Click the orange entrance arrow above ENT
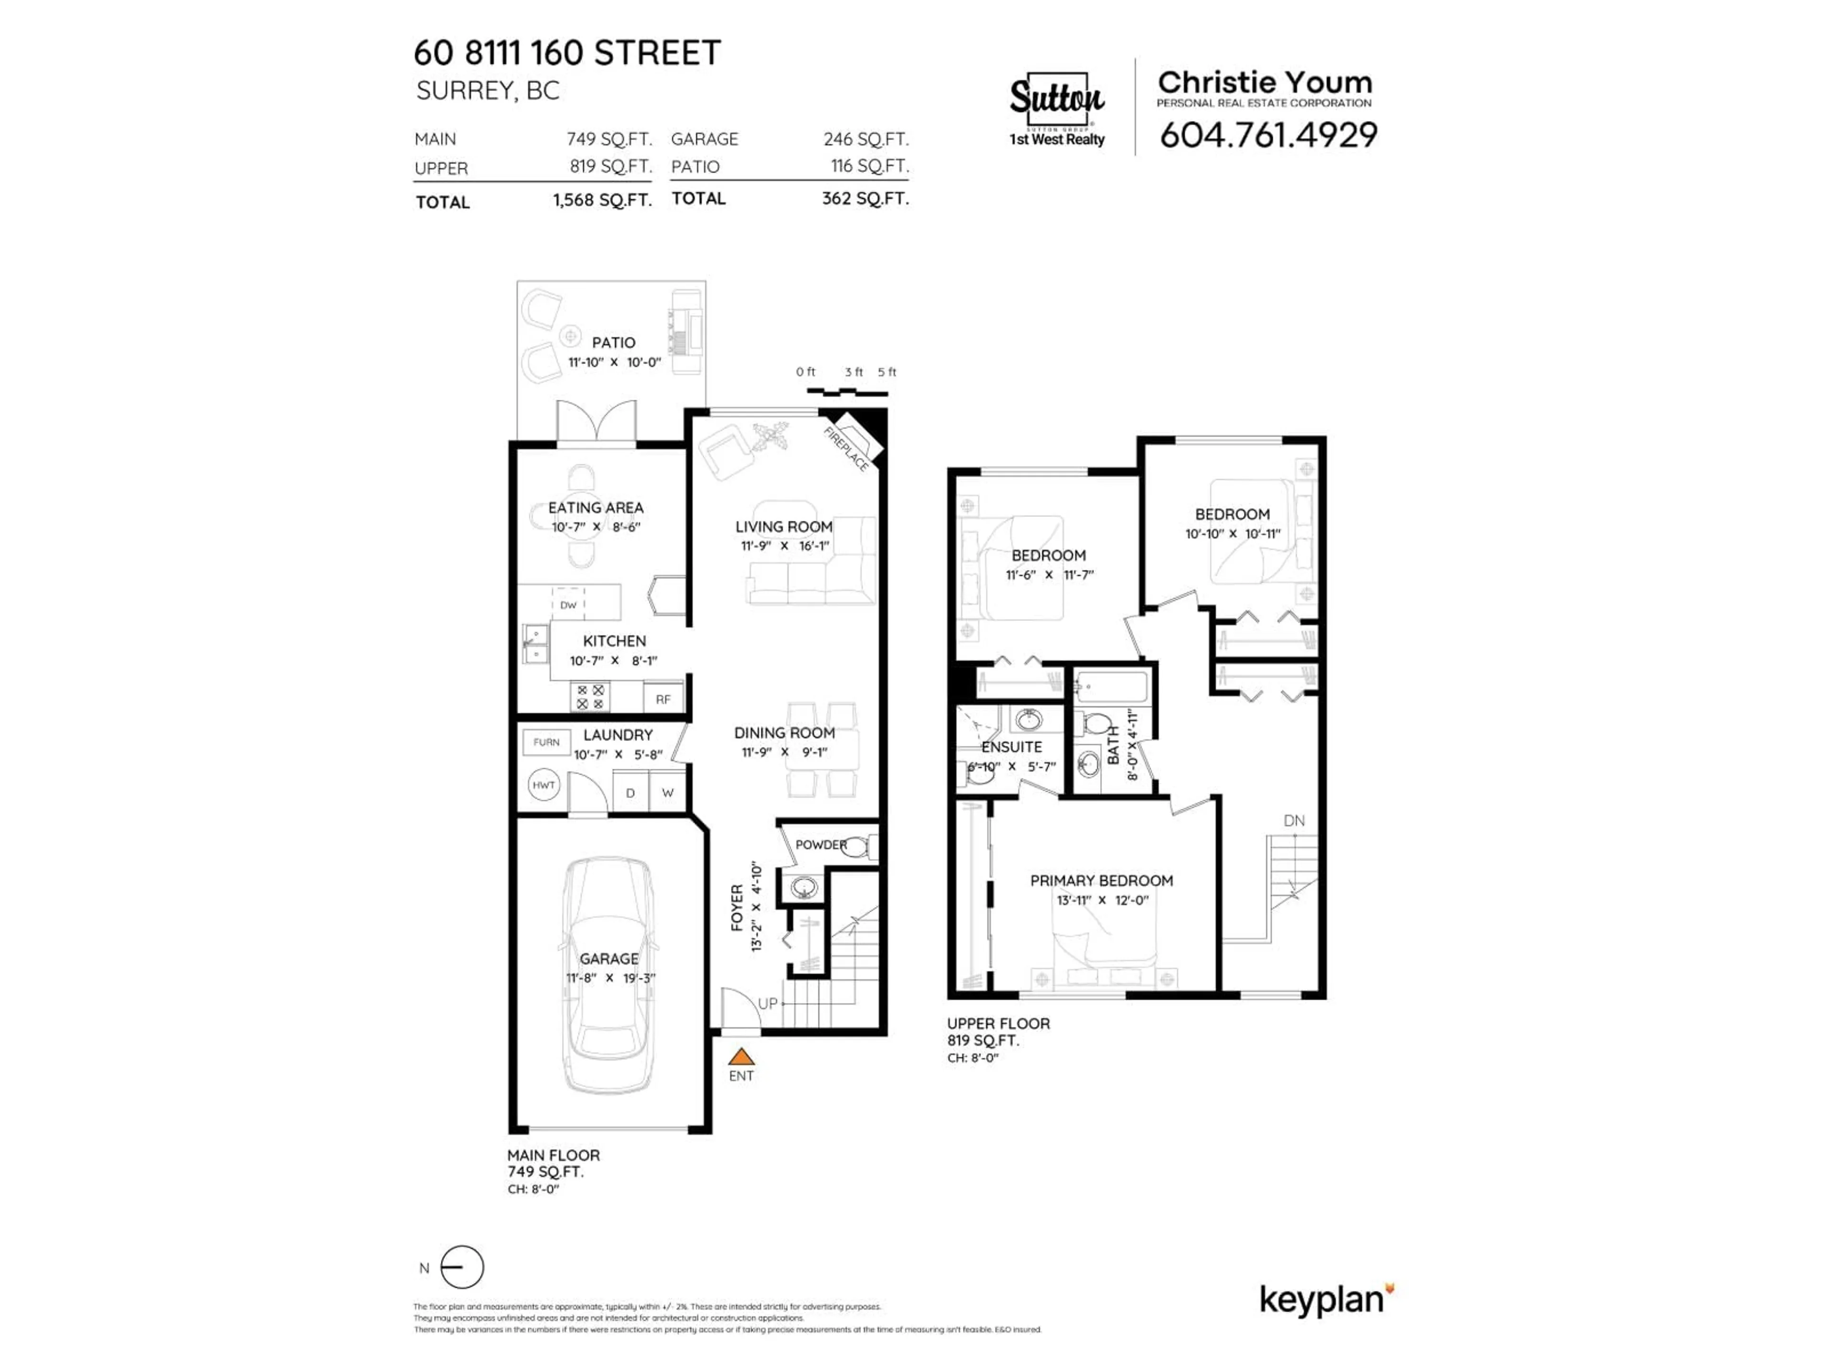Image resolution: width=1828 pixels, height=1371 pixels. [741, 1056]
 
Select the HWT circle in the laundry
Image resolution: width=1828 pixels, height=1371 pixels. [543, 785]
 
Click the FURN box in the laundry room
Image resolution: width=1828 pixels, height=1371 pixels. [546, 742]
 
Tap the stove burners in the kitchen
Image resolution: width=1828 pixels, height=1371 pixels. [590, 696]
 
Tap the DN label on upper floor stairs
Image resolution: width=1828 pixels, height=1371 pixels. [1294, 821]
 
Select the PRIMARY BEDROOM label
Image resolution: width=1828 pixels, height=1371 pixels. [1101, 881]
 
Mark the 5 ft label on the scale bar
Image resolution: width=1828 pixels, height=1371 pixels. [887, 372]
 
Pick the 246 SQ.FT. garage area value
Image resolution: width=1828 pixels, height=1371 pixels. [865, 139]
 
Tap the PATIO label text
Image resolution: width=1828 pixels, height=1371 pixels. [613, 342]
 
